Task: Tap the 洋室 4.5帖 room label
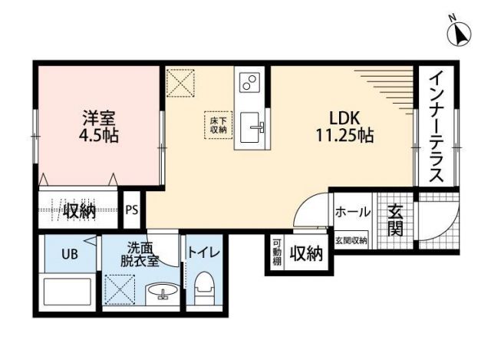click(x=98, y=127)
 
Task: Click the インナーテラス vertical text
click(x=435, y=126)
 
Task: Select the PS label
click(x=132, y=210)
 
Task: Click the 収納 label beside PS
click(x=79, y=210)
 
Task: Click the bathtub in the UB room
click(x=68, y=296)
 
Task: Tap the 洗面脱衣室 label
click(x=143, y=254)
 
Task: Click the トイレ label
click(x=203, y=252)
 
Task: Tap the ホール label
click(x=353, y=212)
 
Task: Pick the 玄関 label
click(x=394, y=218)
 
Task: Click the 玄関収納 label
click(x=351, y=240)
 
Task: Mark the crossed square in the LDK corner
click(x=182, y=82)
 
